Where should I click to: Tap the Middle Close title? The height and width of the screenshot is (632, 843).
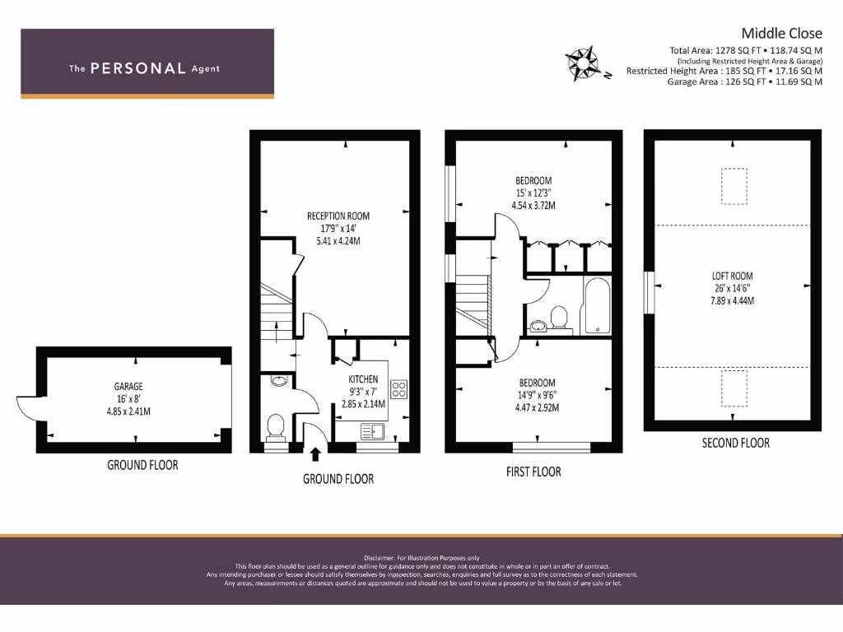pos(781,33)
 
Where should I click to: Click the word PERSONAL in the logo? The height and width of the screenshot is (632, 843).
pos(137,68)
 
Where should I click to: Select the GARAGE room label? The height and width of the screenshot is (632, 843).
pos(128,386)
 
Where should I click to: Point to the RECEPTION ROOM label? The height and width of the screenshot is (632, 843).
pos(338,216)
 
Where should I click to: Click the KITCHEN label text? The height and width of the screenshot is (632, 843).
pos(363,379)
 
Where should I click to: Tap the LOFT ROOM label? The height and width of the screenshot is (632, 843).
pos(732,276)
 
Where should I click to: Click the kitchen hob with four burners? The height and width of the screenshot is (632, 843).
pos(398,389)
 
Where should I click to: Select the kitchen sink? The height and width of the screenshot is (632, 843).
pos(373,430)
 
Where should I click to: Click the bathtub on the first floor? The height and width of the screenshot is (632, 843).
pos(597,306)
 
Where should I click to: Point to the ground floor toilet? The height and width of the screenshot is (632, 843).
pos(276,427)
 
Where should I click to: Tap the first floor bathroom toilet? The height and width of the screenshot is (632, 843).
pos(559,317)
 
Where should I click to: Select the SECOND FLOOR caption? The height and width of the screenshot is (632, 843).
pos(735,443)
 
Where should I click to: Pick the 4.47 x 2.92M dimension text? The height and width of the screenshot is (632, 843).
pos(536,407)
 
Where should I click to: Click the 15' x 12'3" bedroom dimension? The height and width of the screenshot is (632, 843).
pos(533,193)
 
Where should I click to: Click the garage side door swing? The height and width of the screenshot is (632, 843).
pos(28,407)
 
